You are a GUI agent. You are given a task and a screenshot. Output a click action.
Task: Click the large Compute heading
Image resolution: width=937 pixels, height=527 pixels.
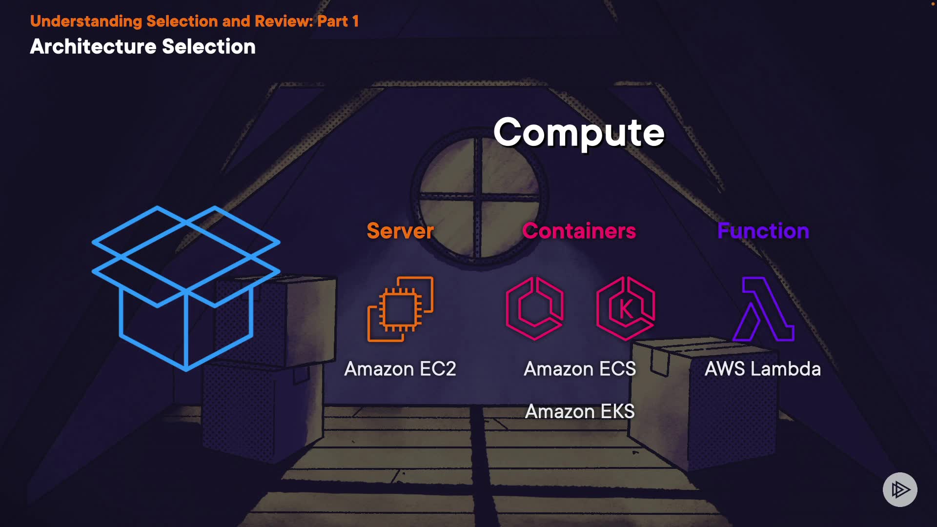tap(579, 133)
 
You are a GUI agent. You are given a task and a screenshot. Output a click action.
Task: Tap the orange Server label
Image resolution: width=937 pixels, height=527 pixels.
tap(400, 231)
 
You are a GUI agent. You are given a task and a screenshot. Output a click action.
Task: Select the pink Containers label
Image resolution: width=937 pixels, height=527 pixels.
tap(579, 231)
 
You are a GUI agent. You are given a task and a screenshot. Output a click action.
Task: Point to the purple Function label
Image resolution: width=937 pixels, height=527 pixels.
tap(763, 231)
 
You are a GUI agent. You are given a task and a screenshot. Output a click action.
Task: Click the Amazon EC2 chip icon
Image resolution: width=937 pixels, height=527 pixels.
tap(400, 309)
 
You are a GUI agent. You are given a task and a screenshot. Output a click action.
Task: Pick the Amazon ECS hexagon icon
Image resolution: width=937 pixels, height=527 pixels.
tap(534, 308)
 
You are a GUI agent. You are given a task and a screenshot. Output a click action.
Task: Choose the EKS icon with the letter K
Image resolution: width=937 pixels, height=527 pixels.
tap(626, 308)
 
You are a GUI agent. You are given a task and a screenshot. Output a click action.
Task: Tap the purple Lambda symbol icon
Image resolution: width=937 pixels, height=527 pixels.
tap(764, 309)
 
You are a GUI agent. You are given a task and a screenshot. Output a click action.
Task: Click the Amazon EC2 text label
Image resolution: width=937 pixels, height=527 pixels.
tap(400, 369)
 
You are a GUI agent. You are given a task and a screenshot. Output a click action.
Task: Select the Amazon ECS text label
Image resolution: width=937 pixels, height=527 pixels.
tap(580, 369)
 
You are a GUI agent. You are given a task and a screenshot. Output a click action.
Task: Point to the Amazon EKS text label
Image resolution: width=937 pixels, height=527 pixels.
tap(580, 411)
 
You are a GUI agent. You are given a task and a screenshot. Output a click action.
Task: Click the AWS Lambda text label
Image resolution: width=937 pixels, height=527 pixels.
tap(763, 369)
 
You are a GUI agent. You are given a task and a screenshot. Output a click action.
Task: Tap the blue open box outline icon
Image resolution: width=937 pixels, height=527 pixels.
tap(186, 288)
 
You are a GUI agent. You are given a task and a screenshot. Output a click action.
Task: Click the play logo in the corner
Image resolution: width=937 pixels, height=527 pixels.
tap(900, 489)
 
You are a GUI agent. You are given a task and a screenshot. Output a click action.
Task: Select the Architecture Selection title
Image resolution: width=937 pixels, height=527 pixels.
tap(143, 47)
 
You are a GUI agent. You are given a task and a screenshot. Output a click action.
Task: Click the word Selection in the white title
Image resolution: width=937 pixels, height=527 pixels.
tap(208, 47)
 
